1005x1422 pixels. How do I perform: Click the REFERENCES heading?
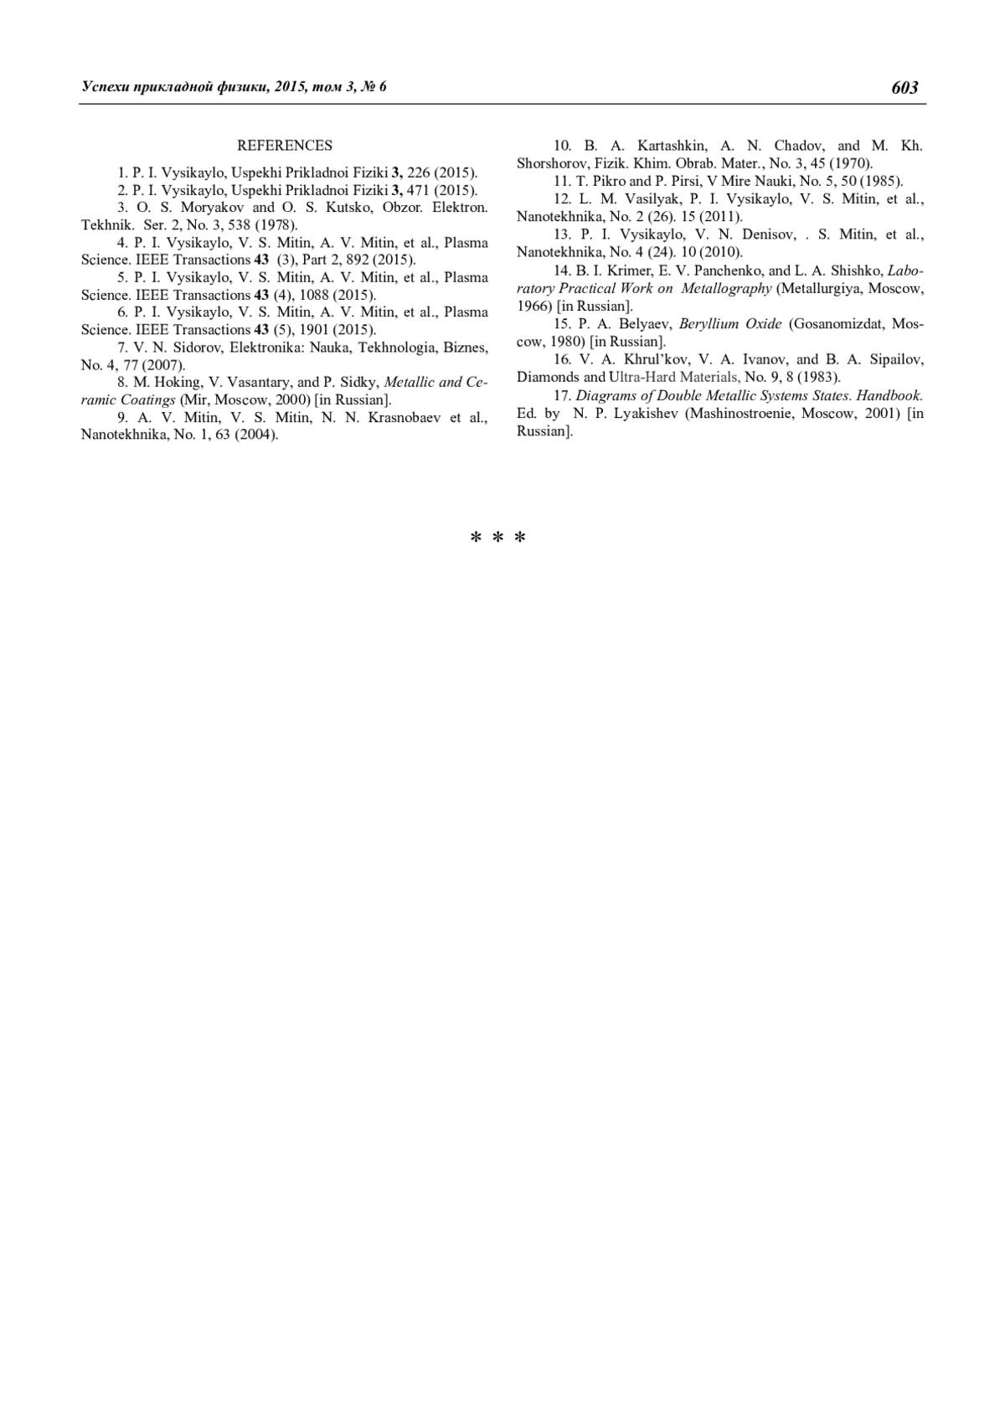(x=285, y=146)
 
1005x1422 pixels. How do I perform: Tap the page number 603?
(x=905, y=88)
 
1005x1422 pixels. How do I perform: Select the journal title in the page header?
(x=234, y=87)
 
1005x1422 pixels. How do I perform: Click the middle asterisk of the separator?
(x=497, y=538)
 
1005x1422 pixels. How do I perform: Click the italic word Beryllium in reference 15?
(x=709, y=323)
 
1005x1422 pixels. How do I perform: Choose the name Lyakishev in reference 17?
(x=641, y=414)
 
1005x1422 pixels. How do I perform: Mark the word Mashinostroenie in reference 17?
(x=741, y=414)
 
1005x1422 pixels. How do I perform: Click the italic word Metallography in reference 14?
(x=726, y=288)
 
